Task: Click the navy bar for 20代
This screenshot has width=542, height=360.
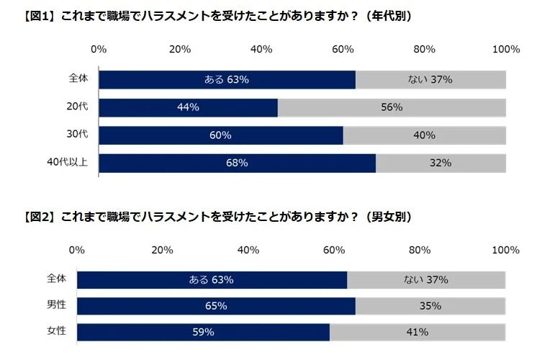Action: click(188, 108)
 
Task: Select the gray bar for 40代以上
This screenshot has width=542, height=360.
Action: click(441, 163)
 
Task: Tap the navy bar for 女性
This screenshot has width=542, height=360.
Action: click(203, 332)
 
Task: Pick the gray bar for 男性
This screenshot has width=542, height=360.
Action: click(430, 306)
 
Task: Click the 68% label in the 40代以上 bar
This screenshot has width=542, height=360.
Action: click(237, 163)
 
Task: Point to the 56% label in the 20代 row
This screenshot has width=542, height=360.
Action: click(392, 108)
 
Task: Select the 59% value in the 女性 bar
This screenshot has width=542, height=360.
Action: click(203, 332)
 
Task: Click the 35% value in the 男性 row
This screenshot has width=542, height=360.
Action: click(430, 306)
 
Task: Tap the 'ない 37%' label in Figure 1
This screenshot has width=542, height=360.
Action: click(431, 79)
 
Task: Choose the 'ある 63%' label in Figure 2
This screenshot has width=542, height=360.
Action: click(211, 280)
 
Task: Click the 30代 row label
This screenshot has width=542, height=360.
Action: click(76, 135)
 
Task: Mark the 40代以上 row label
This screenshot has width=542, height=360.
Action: click(69, 162)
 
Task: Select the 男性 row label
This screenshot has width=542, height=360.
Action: click(56, 305)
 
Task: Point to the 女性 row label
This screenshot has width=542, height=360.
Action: click(56, 331)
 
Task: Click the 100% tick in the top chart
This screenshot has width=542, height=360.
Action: click(506, 50)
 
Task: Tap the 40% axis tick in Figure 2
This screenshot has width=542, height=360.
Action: click(248, 250)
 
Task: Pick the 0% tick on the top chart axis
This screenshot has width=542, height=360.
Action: click(99, 50)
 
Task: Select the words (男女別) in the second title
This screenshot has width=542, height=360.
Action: click(389, 217)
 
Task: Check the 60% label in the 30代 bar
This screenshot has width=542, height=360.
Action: click(220, 135)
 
